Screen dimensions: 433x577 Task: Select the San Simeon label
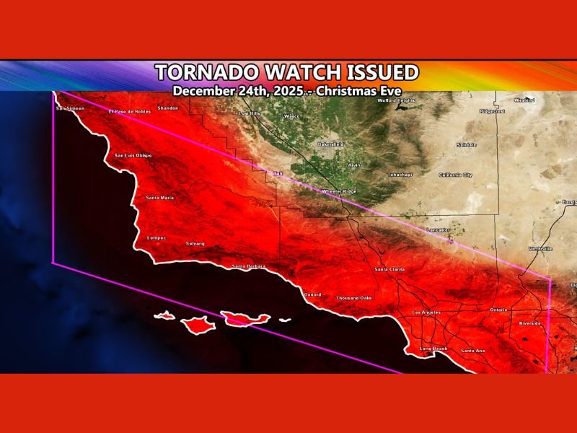point(70,108)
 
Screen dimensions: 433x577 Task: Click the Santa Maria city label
point(159,197)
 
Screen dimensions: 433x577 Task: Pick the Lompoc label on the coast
point(157,237)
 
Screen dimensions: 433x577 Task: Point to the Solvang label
point(195,243)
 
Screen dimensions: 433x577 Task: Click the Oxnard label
point(312,294)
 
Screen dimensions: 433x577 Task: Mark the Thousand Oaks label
point(353,297)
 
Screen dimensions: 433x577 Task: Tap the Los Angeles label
point(426,312)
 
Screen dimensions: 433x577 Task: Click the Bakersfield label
point(331,144)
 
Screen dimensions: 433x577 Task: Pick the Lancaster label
point(438,229)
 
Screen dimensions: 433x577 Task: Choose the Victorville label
point(541,248)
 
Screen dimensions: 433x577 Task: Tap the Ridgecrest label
point(492,111)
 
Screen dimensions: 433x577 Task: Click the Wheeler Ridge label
point(338,191)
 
